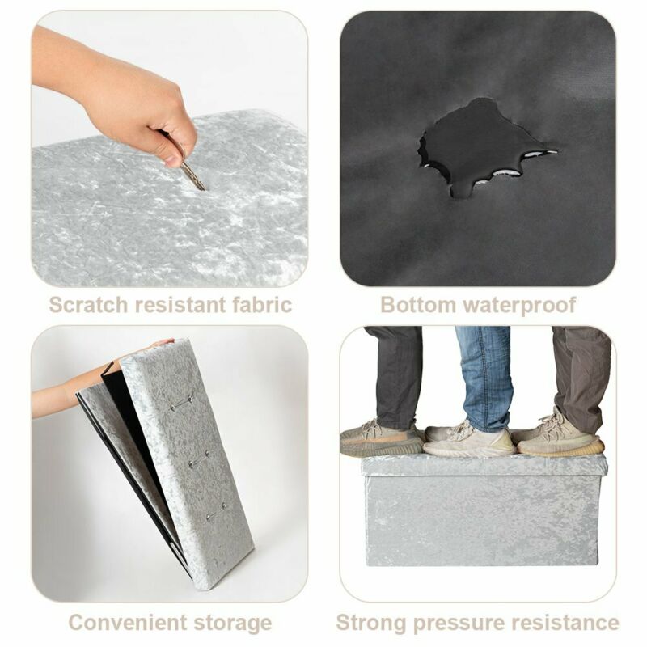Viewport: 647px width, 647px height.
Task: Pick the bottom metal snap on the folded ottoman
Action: pyautogui.click(x=216, y=511)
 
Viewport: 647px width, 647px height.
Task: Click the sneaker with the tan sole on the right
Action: pyautogui.click(x=559, y=438)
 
